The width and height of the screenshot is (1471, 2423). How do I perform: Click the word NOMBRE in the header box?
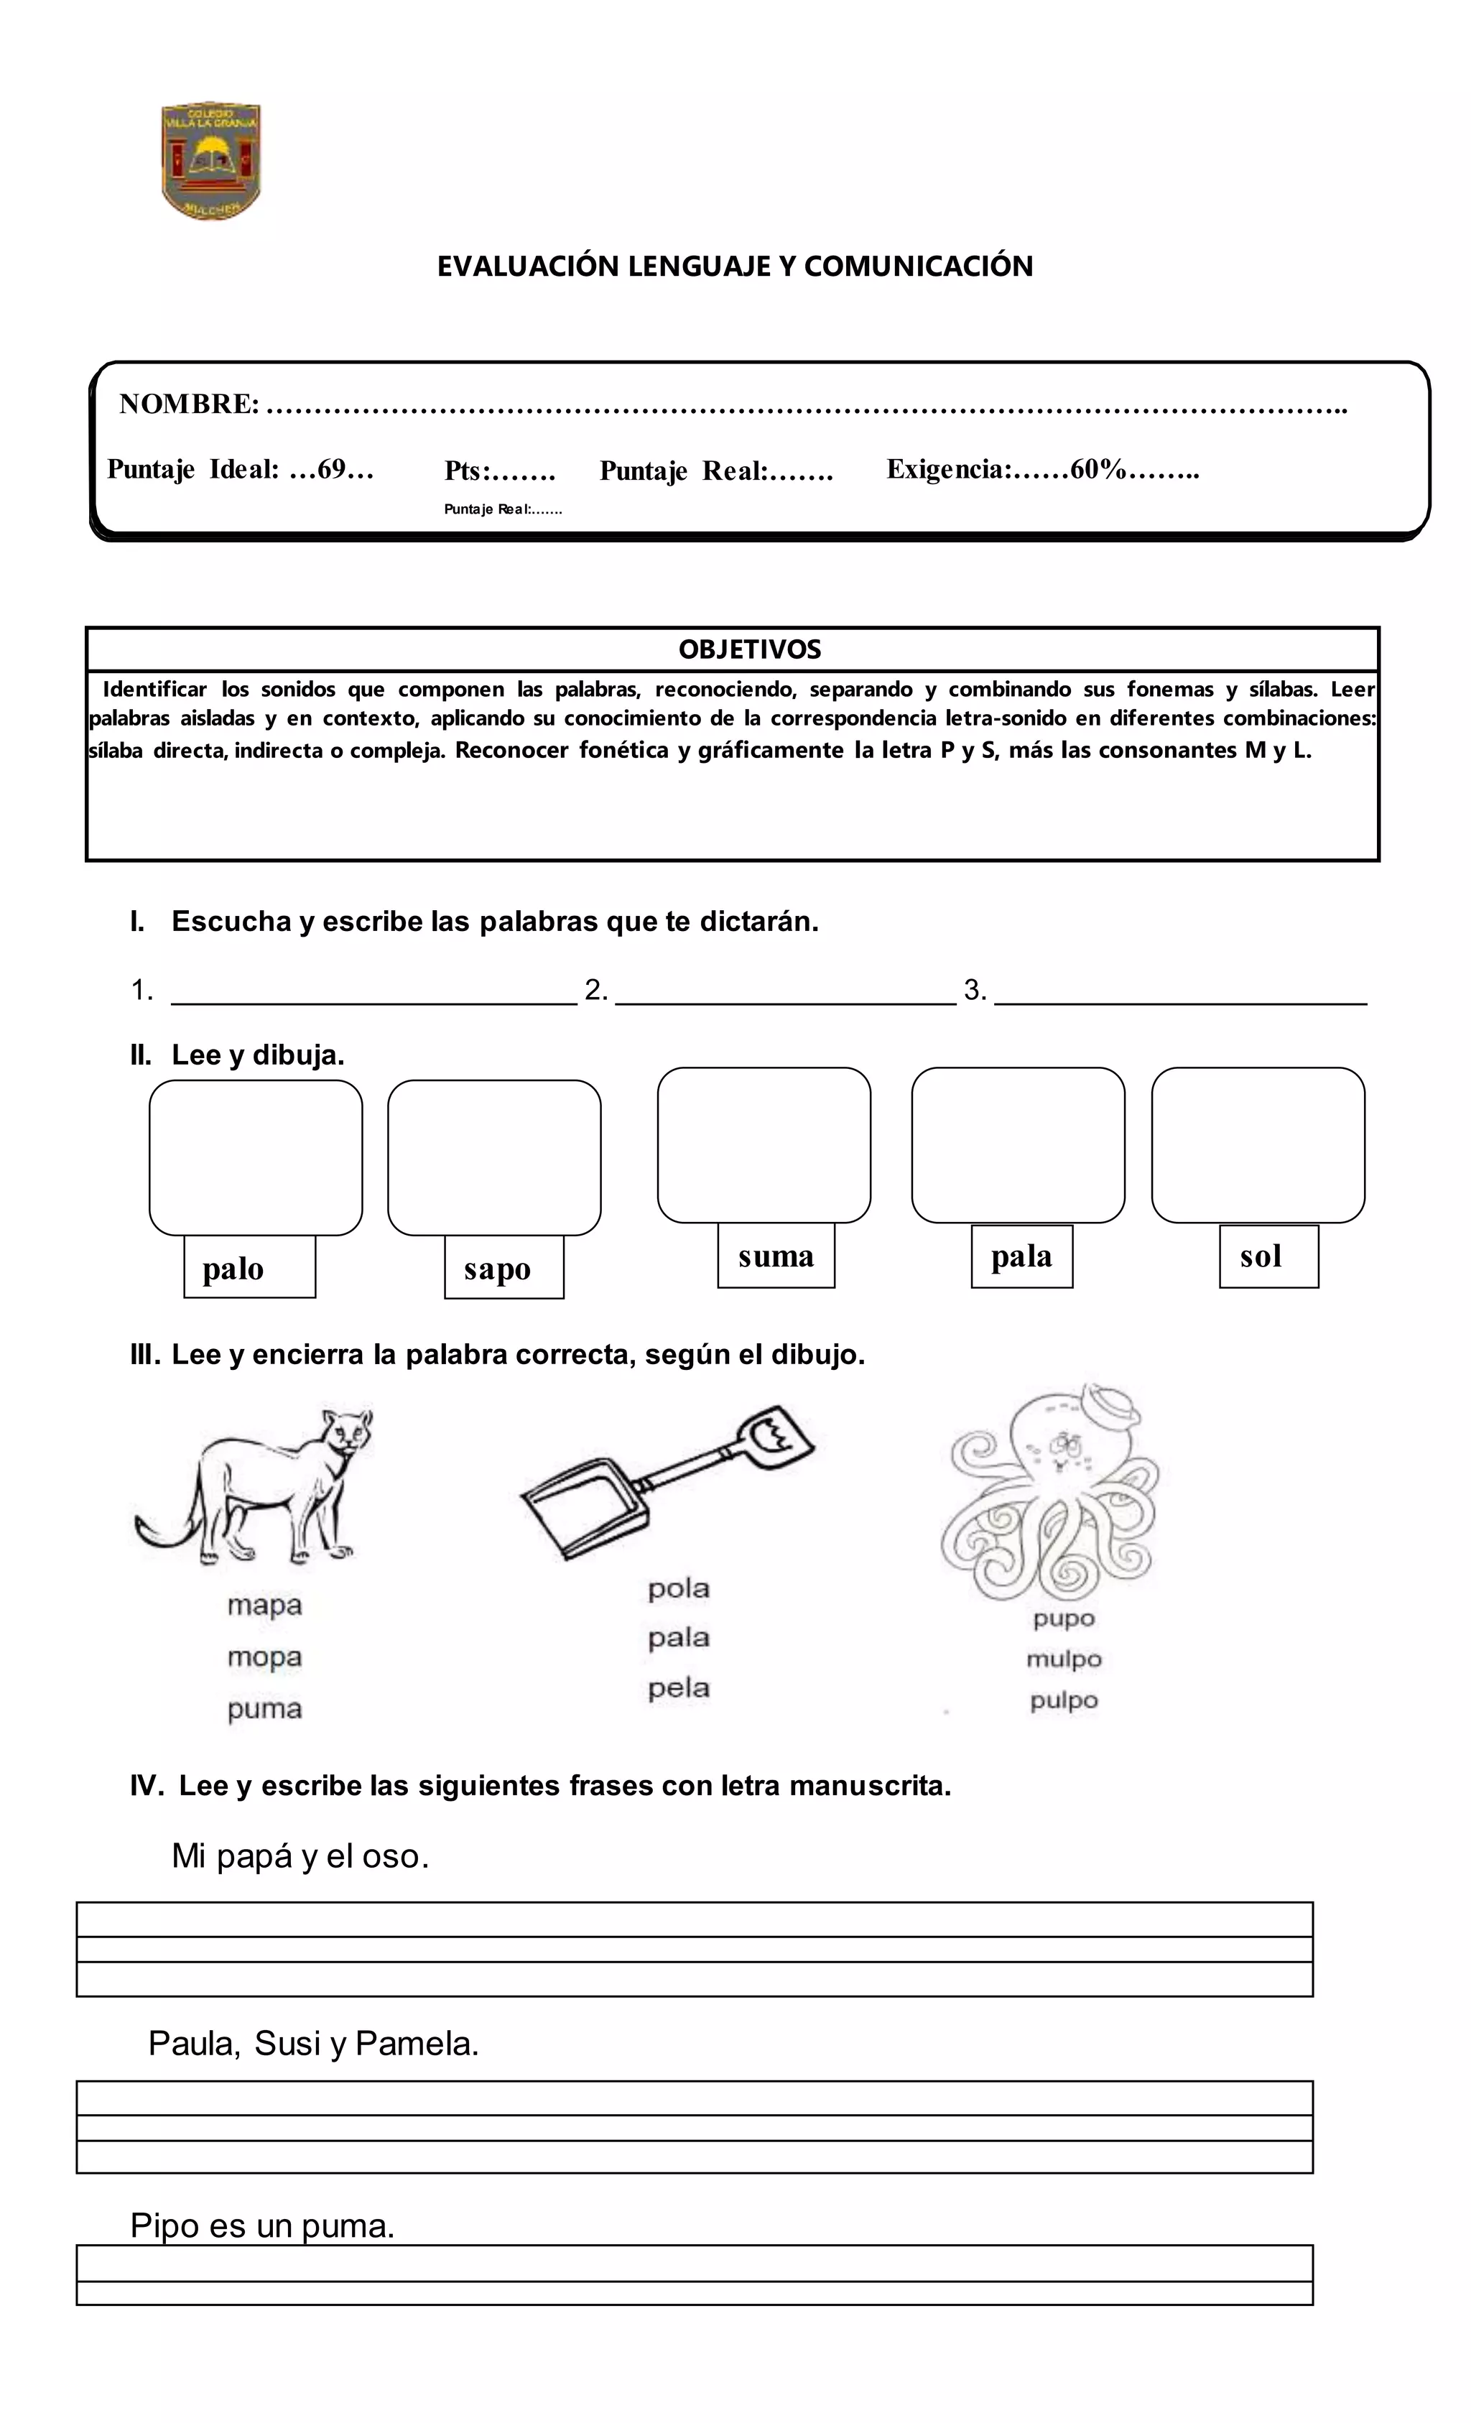coord(187,404)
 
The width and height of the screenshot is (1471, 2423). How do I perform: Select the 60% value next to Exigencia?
coord(1096,469)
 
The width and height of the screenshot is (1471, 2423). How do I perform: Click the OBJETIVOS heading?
coord(749,649)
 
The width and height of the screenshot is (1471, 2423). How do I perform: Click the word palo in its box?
coord(233,1269)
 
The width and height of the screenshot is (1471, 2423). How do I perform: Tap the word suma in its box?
coord(775,1256)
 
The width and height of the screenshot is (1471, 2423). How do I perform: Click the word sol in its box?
coord(1260,1256)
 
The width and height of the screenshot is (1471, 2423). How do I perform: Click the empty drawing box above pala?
coord(1017,1144)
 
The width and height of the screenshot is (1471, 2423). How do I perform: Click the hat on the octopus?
coord(1109,1408)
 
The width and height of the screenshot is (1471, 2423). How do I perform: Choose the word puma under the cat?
coord(264,1708)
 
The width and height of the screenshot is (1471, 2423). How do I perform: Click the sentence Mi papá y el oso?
coord(300,1857)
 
